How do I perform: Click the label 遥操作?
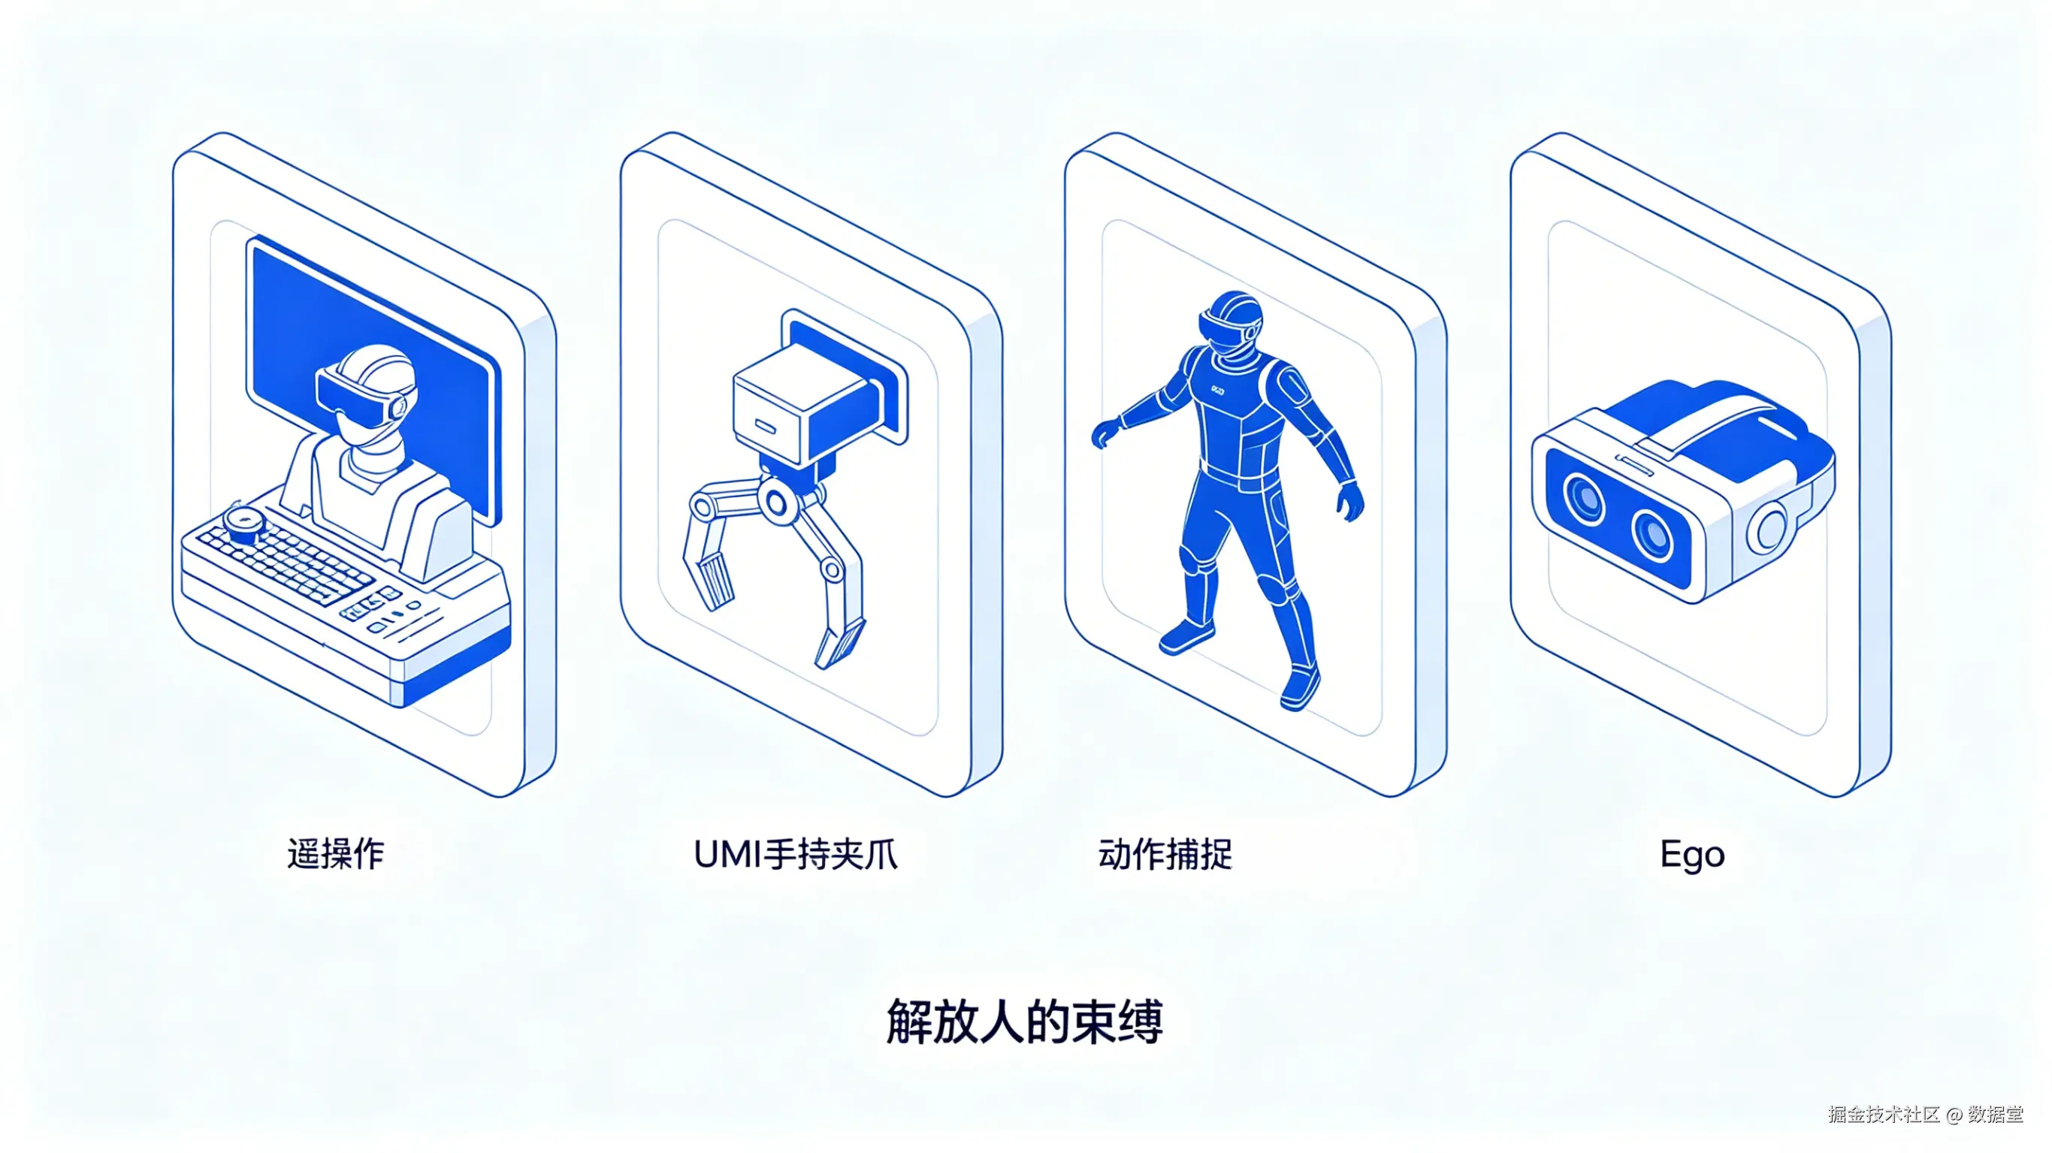click(335, 854)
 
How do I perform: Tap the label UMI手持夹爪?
click(796, 854)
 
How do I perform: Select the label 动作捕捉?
click(1165, 854)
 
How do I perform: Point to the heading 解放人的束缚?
click(1025, 1021)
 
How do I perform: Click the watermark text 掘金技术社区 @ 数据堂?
click(1925, 1114)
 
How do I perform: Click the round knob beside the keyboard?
click(243, 522)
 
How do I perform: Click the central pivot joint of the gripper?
click(775, 503)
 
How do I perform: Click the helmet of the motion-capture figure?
click(1232, 322)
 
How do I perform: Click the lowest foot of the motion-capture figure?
click(1300, 689)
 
